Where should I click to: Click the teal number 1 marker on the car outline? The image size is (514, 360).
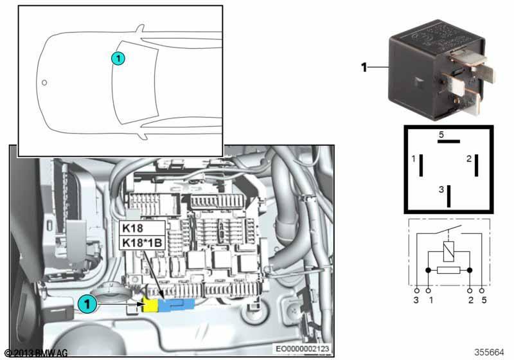(118, 59)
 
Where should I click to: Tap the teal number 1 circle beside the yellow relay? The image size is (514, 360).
(87, 304)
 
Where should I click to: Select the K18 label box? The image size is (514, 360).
(142, 228)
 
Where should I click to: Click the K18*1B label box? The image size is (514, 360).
(142, 243)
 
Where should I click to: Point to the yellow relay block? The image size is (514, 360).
(150, 305)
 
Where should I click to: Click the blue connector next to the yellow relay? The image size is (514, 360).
(176, 305)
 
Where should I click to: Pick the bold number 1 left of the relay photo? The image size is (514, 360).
(364, 67)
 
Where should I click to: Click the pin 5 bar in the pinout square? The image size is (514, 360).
(448, 141)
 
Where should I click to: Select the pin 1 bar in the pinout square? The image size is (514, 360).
(421, 165)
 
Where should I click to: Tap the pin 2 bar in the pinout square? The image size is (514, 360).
(476, 165)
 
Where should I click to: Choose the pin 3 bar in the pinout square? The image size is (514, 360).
(448, 196)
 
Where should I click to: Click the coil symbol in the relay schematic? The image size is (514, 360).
(448, 251)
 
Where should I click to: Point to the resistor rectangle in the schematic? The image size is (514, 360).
(448, 270)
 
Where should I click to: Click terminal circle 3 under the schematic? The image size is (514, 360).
(416, 291)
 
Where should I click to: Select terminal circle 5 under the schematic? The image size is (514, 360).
(481, 291)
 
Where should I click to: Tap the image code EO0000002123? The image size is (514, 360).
(302, 348)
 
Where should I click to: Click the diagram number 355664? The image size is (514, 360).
(489, 352)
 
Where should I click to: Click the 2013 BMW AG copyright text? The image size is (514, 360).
(36, 353)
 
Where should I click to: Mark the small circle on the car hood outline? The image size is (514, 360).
(44, 83)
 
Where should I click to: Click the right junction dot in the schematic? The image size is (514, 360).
(470, 270)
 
